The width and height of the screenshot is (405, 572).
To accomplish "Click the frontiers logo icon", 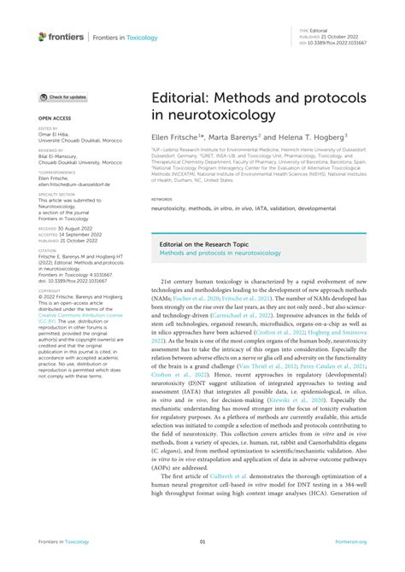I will (42, 36).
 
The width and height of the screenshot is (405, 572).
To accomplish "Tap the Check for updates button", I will (62, 97).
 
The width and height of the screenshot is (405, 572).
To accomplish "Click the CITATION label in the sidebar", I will (48, 249).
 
